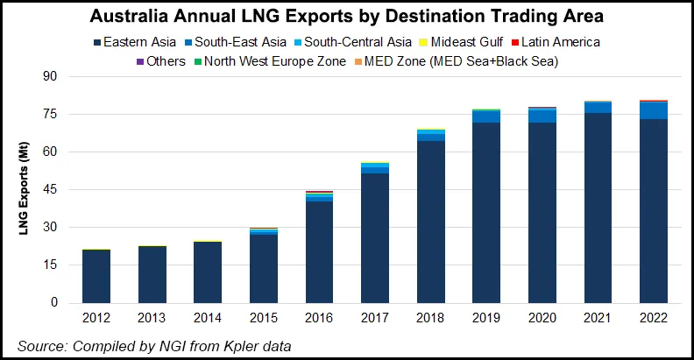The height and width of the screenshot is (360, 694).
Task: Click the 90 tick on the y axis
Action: tap(51, 77)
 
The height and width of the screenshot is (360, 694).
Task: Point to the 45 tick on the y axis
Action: tap(51, 189)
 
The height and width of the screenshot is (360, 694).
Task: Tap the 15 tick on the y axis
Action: tap(51, 265)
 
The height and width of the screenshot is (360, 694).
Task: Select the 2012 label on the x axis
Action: tap(96, 318)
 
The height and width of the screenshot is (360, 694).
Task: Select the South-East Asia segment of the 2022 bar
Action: tap(654, 110)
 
